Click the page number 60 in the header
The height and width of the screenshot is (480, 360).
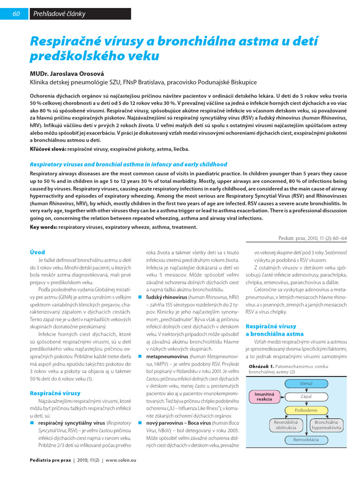click(15, 14)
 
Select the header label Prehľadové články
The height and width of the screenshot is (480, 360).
click(59, 14)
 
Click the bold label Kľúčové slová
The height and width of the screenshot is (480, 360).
click(48, 149)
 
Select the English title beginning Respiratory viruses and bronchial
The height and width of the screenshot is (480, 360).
click(122, 165)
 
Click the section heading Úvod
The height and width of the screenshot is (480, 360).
click(37, 252)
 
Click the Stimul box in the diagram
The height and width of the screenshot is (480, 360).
click(306, 383)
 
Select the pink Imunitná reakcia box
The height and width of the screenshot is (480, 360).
click(264, 397)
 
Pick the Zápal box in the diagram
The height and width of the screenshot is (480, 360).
click(306, 397)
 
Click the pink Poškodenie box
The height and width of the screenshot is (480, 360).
click(306, 410)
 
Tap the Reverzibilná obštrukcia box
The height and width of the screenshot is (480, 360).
click(286, 425)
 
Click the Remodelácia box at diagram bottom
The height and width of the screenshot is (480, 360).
click(306, 440)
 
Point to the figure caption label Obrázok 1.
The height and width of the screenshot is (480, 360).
click(261, 366)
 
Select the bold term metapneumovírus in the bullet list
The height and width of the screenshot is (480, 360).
click(162, 356)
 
